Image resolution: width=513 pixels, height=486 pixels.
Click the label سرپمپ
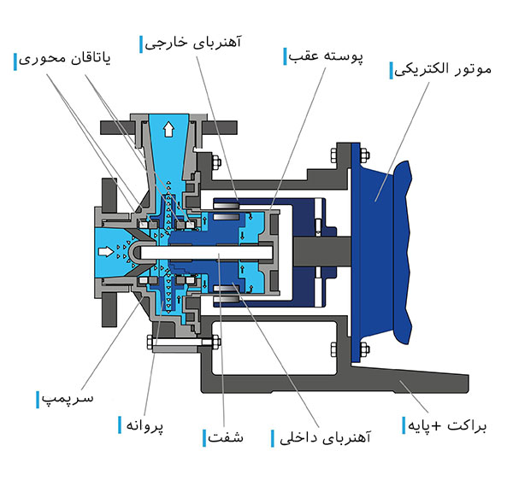tap(68, 399)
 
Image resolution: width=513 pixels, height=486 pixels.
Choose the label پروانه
tap(144, 425)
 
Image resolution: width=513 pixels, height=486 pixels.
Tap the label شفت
tap(225, 439)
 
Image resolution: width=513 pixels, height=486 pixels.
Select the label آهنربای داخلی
tap(321, 439)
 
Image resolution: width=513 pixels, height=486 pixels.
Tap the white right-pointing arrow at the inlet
tap(106, 251)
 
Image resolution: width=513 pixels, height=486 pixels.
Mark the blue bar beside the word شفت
tap(205, 439)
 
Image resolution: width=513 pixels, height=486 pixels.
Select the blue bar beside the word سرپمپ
tap(38, 399)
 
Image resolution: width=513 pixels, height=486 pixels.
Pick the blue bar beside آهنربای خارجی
tap(142, 40)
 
